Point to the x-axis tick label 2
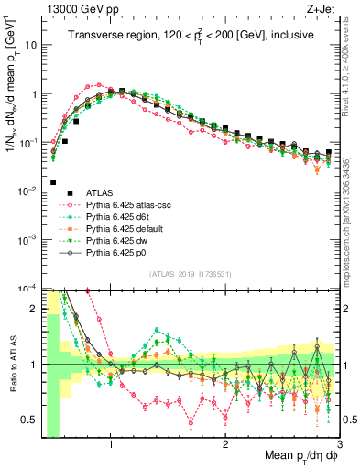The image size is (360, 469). [x=225, y=440]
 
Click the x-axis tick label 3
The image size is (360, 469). [x=338, y=440]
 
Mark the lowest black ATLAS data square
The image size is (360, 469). [x=53, y=182]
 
